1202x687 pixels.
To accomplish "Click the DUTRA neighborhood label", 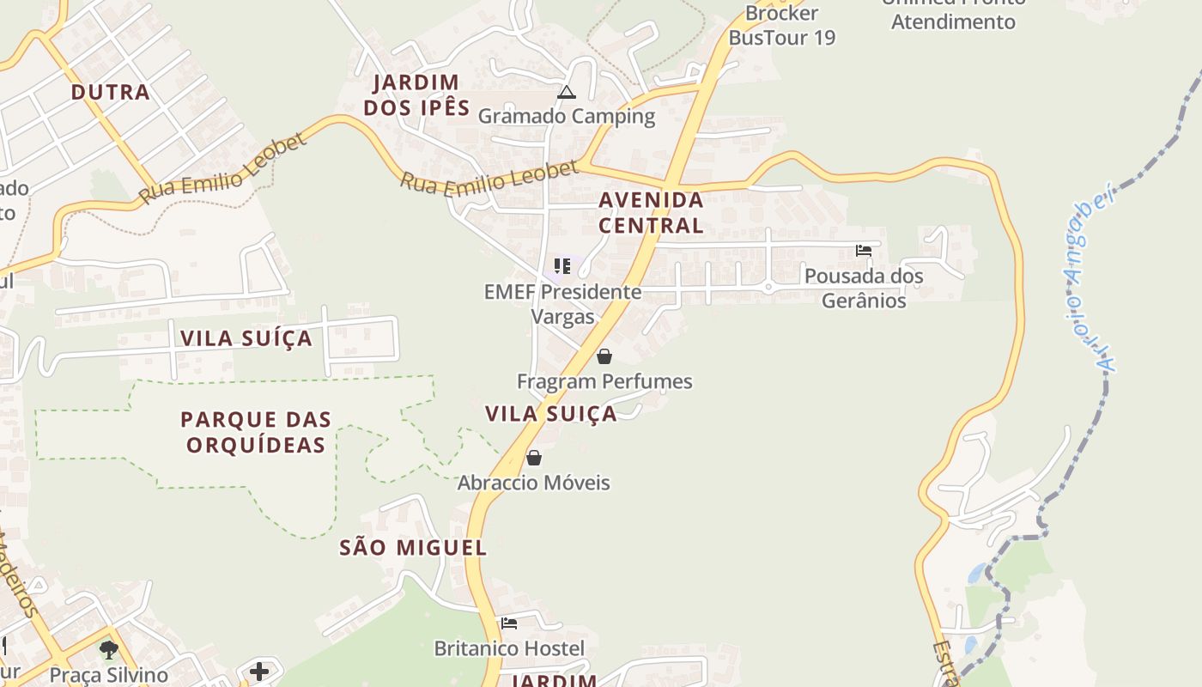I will pyautogui.click(x=110, y=92).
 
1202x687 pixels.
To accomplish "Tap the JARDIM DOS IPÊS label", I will pyautogui.click(x=416, y=94).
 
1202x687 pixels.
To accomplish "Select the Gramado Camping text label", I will pyautogui.click(x=566, y=116).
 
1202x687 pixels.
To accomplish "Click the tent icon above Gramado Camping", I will pyautogui.click(x=566, y=92).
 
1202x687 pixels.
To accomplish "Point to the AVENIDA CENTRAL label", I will pyautogui.click(x=651, y=212).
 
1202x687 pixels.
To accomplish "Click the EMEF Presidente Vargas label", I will pyautogui.click(x=562, y=304).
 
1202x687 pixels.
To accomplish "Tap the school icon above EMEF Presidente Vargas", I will pyautogui.click(x=562, y=266).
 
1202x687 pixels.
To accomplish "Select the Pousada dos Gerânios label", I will pyautogui.click(x=864, y=289).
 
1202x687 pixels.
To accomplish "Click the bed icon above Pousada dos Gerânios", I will pyautogui.click(x=864, y=251).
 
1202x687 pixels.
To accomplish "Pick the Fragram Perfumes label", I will pyautogui.click(x=604, y=381).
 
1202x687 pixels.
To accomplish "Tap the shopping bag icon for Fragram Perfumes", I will pyautogui.click(x=604, y=356).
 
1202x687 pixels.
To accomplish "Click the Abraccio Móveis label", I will pyautogui.click(x=533, y=483).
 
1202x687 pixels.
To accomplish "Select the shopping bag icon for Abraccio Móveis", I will pyautogui.click(x=534, y=458).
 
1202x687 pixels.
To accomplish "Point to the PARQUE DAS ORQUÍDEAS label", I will pyautogui.click(x=256, y=432).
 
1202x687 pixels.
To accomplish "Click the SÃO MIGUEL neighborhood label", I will pyautogui.click(x=413, y=548).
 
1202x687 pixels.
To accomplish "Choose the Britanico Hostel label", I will pyautogui.click(x=509, y=648).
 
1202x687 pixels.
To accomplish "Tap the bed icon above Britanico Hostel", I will pyautogui.click(x=509, y=623).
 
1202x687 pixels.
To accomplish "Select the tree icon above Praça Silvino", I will pyautogui.click(x=108, y=650).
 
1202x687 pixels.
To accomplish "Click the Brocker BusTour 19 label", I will pyautogui.click(x=781, y=26).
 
